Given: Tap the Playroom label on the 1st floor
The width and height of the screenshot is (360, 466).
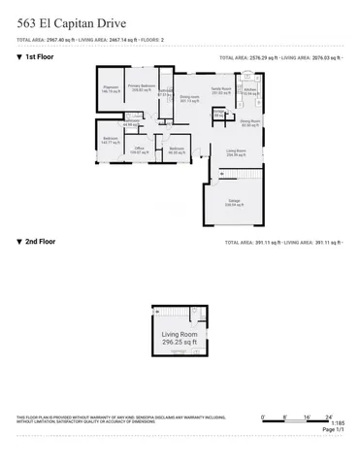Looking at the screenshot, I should pyautogui.click(x=111, y=88).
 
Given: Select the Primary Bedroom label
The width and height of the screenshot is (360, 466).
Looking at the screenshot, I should pyautogui.click(x=143, y=87).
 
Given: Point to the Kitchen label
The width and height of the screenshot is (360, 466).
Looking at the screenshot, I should pyautogui.click(x=250, y=92).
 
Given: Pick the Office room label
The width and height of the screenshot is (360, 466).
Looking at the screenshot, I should pyautogui.click(x=140, y=150).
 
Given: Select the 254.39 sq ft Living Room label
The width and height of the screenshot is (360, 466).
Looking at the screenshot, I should pyautogui.click(x=236, y=152).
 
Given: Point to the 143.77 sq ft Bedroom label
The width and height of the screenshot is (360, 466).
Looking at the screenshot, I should pyautogui.click(x=111, y=141).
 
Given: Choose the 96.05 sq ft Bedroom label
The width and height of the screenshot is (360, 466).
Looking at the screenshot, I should pyautogui.click(x=176, y=150).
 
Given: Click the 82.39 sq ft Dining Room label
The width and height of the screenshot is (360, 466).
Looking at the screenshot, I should pyautogui.click(x=249, y=123).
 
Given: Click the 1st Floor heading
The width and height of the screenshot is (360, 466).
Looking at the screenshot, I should pyautogui.click(x=40, y=57).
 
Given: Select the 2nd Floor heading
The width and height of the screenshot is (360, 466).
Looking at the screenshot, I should pyautogui.click(x=40, y=242).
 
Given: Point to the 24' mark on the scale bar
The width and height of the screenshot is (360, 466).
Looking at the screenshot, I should pyautogui.click(x=329, y=416).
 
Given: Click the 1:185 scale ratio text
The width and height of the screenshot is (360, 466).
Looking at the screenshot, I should pyautogui.click(x=337, y=423).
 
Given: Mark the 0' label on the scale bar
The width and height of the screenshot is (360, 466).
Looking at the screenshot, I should pyautogui.click(x=263, y=416).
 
